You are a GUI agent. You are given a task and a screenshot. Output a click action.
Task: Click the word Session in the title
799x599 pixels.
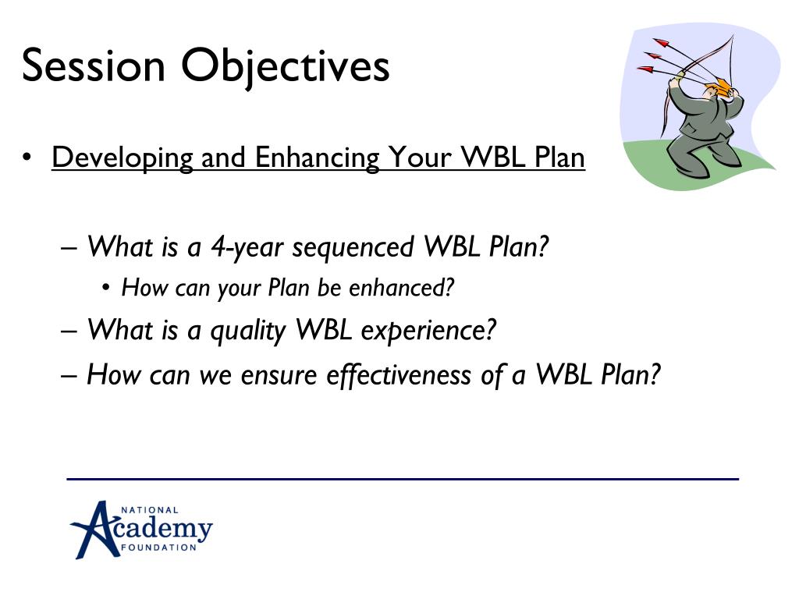[x=94, y=66]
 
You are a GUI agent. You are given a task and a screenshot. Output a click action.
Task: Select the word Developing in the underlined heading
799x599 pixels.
[x=123, y=158]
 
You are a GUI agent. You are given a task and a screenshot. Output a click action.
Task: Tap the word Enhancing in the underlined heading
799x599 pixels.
[x=317, y=158]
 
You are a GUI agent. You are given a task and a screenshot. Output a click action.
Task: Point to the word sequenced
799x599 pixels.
[x=353, y=247]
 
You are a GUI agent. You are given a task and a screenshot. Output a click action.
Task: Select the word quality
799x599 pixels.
[x=248, y=331]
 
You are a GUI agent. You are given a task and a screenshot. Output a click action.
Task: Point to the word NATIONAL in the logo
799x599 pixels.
[x=150, y=510]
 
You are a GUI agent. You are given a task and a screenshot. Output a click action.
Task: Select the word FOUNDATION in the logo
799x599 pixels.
[x=158, y=548]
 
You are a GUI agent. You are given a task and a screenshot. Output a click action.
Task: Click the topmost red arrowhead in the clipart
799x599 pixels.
[x=661, y=43]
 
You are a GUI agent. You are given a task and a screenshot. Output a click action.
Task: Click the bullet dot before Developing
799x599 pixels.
[x=27, y=157]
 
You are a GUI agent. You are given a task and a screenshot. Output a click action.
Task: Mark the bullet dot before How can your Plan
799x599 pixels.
[x=106, y=288]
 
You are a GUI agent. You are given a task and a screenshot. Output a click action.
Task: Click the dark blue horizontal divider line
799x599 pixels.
[x=403, y=479]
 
